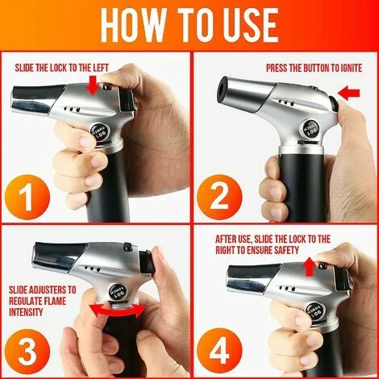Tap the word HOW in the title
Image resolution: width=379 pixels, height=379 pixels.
tap(132, 25)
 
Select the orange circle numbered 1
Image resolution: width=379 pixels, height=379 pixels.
tap(27, 198)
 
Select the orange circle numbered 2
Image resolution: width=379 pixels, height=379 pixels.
tap(219, 198)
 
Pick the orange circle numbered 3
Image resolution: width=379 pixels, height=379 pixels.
tap(27, 352)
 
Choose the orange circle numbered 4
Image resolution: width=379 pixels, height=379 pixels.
tap(219, 352)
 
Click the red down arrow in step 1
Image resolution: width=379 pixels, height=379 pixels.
tap(93, 85)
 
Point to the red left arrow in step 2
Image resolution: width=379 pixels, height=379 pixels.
tap(348, 93)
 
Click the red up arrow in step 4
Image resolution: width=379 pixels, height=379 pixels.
tap(310, 267)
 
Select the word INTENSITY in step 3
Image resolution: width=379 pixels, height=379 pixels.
tap(26, 312)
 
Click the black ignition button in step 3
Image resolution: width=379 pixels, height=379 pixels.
tap(147, 261)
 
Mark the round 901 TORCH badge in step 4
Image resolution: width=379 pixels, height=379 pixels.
tap(315, 311)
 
